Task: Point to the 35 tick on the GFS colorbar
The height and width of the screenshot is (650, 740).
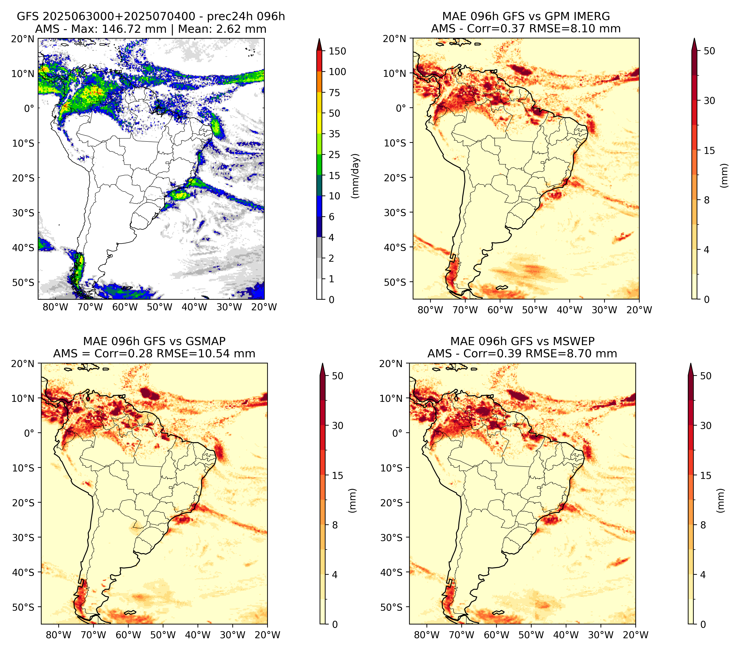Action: (335, 134)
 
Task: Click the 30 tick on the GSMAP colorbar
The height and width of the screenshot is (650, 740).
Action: (337, 425)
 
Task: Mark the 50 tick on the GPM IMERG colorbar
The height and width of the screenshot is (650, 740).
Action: (709, 51)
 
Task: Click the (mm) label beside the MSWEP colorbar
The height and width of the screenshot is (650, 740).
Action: (721, 501)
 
